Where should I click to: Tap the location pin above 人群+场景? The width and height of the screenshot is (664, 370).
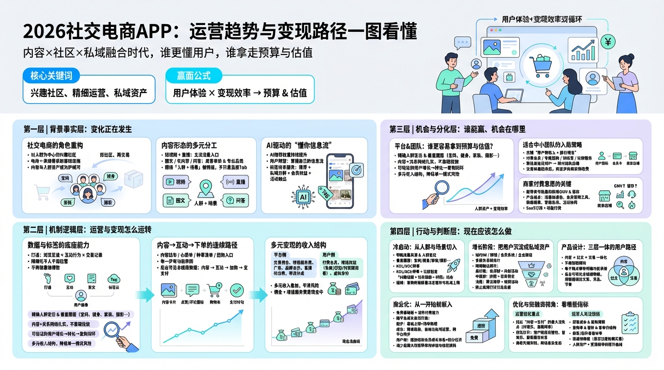tap(206, 187)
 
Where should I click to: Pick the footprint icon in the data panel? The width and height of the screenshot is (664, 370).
tap(47, 278)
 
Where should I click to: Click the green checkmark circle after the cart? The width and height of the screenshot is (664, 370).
tap(237, 290)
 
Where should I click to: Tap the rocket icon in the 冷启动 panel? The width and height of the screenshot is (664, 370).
tap(454, 264)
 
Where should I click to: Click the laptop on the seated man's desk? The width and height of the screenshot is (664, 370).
tap(513, 94)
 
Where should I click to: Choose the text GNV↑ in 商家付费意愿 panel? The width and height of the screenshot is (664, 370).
tap(619, 185)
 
